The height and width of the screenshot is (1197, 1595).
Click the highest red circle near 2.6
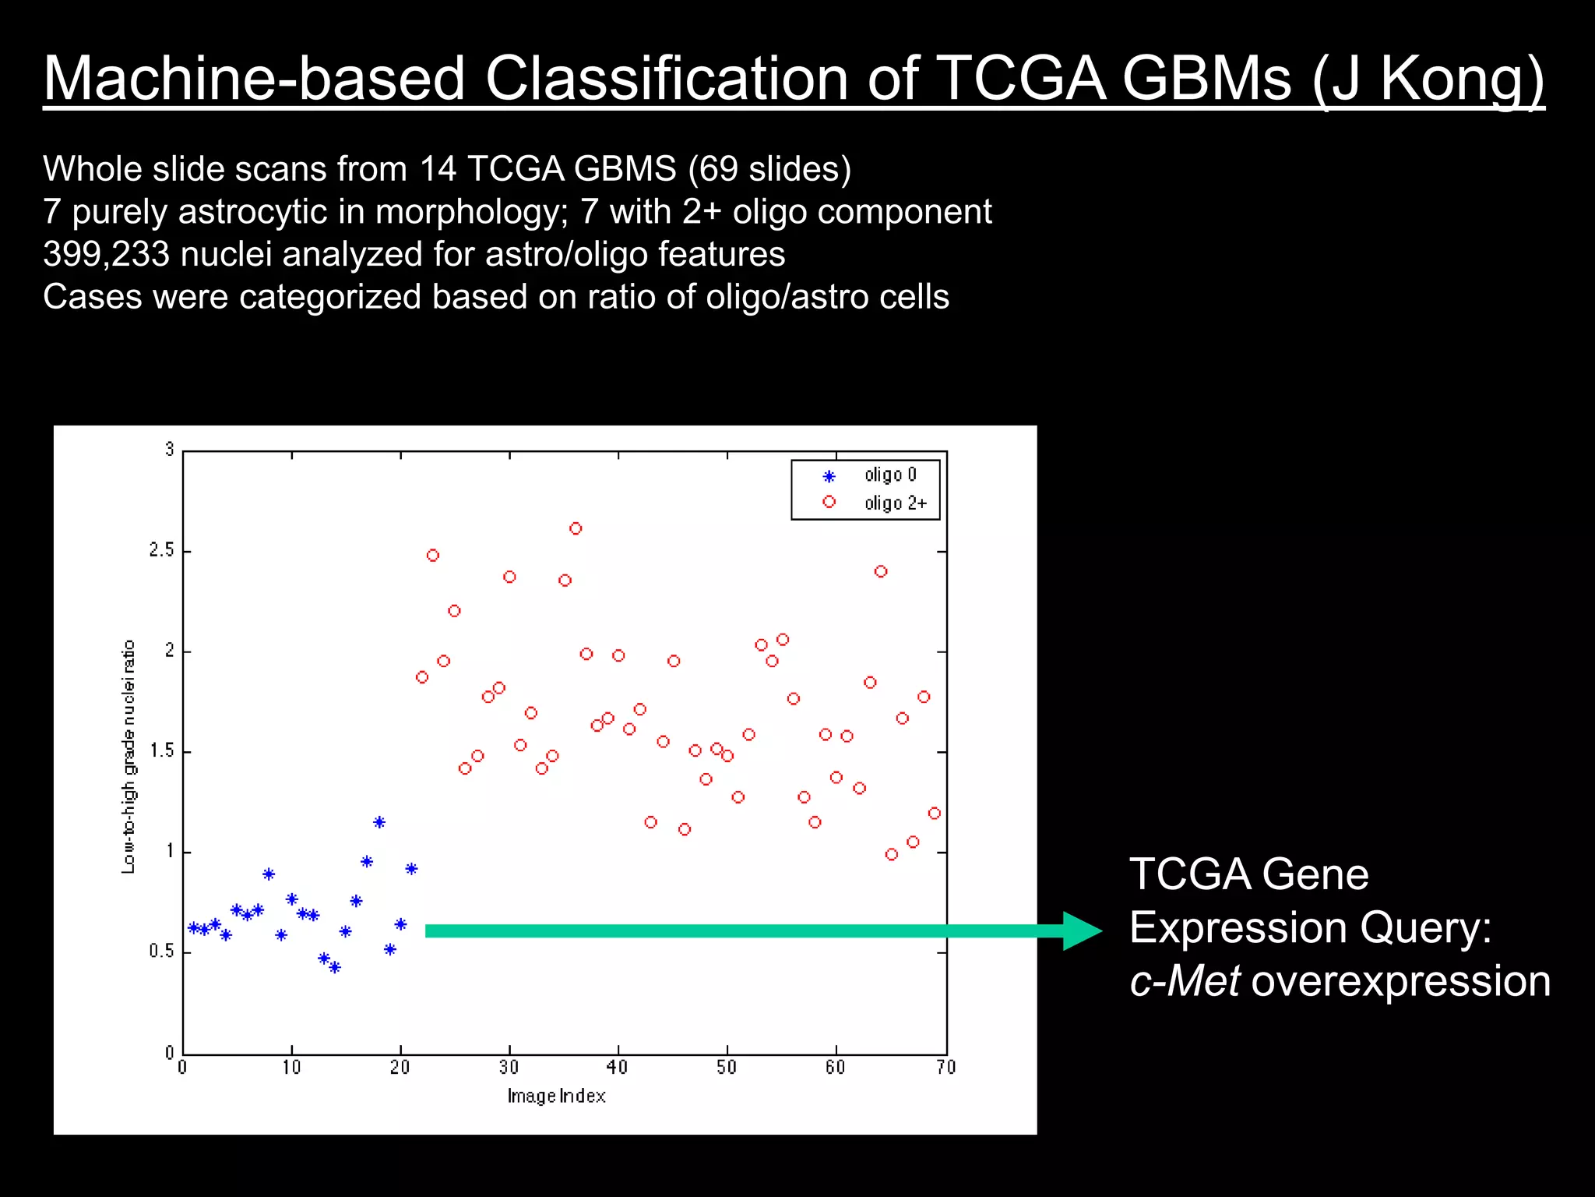576,528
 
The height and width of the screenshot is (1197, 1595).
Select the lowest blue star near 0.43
335,967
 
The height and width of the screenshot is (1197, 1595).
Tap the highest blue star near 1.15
379,822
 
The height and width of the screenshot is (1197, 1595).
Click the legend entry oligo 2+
895,503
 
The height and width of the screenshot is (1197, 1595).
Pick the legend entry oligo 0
890,475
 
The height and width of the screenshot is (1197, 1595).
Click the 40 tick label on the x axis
617,1067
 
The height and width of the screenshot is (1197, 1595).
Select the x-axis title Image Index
556,1096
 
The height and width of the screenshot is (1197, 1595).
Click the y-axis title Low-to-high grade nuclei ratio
129,756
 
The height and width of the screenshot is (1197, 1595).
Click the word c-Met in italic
1184,980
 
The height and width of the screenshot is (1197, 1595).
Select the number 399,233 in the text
106,254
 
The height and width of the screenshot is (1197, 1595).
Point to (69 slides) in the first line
769,169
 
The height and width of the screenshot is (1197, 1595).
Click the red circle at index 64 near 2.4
881,571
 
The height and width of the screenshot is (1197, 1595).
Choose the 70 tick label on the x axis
945,1067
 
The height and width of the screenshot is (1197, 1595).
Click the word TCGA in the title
1020,78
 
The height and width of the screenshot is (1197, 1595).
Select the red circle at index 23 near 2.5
433,556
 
